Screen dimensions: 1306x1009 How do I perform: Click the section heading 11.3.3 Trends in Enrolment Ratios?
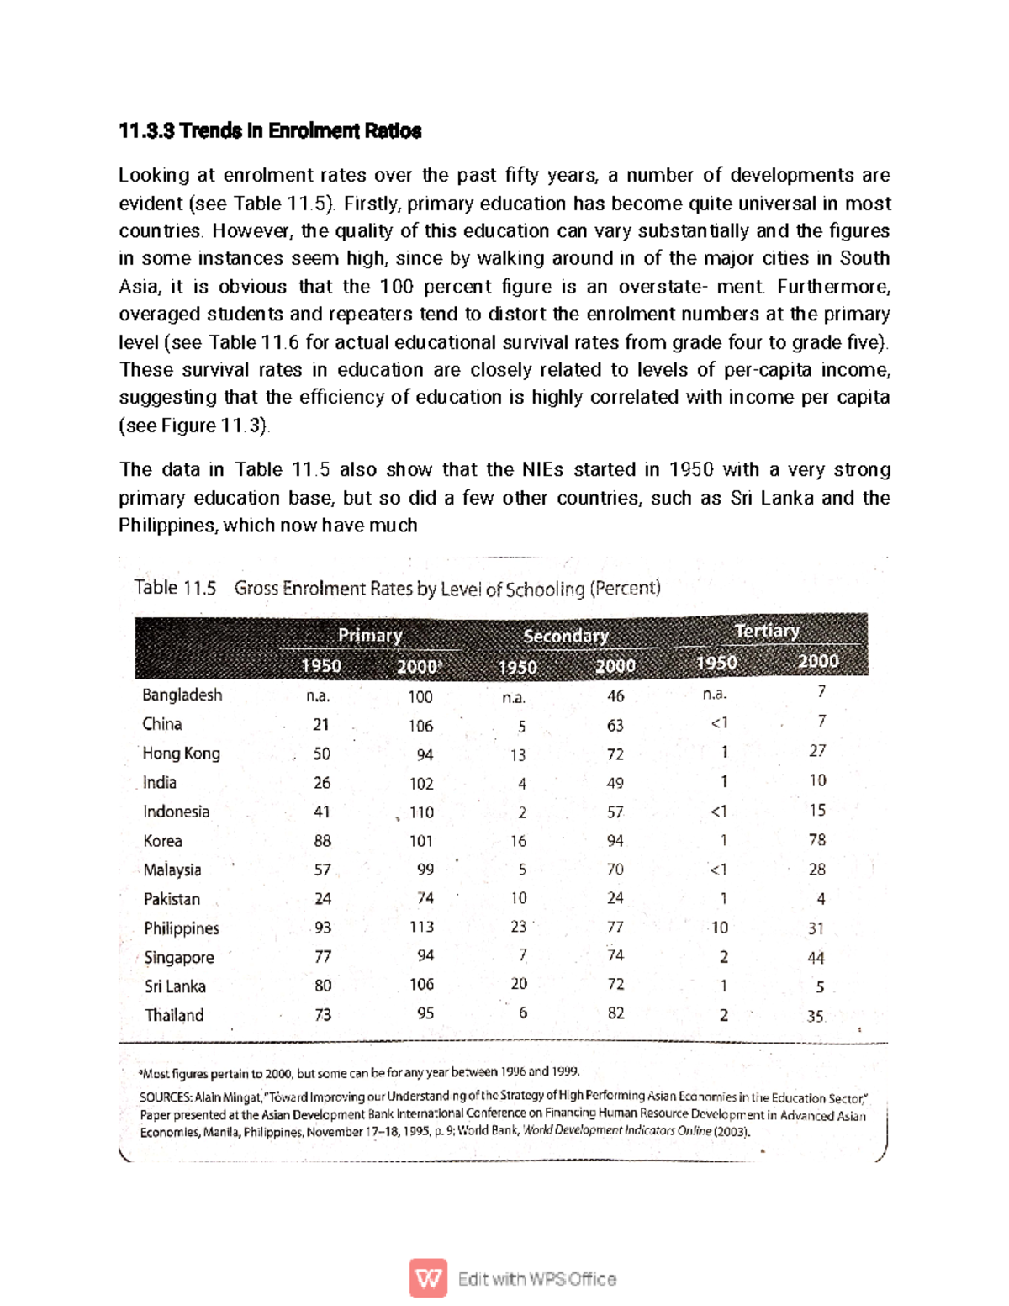tap(270, 131)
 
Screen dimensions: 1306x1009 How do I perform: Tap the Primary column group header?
tap(370, 636)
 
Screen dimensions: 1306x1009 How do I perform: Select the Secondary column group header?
tap(565, 636)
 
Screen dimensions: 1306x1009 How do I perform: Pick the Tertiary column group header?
tap(766, 631)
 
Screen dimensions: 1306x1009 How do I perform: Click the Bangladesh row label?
tap(182, 695)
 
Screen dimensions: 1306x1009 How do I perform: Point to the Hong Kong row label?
tap(181, 753)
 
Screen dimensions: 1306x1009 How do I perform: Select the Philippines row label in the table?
tap(181, 928)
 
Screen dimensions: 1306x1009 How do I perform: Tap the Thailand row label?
tap(174, 1015)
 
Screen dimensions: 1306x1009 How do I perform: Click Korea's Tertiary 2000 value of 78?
tap(816, 840)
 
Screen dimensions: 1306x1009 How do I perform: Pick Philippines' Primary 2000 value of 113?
tap(421, 927)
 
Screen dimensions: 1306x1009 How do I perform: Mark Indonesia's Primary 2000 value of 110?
tap(421, 812)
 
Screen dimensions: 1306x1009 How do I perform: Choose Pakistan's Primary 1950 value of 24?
tap(323, 899)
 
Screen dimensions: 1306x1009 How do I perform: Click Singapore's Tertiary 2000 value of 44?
tap(816, 958)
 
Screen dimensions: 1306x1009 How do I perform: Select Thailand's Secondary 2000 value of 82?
tap(615, 1013)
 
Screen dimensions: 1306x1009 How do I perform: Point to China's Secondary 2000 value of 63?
tap(615, 726)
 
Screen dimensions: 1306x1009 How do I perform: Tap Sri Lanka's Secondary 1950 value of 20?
tap(519, 984)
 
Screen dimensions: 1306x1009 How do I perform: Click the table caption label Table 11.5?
tap(175, 588)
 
